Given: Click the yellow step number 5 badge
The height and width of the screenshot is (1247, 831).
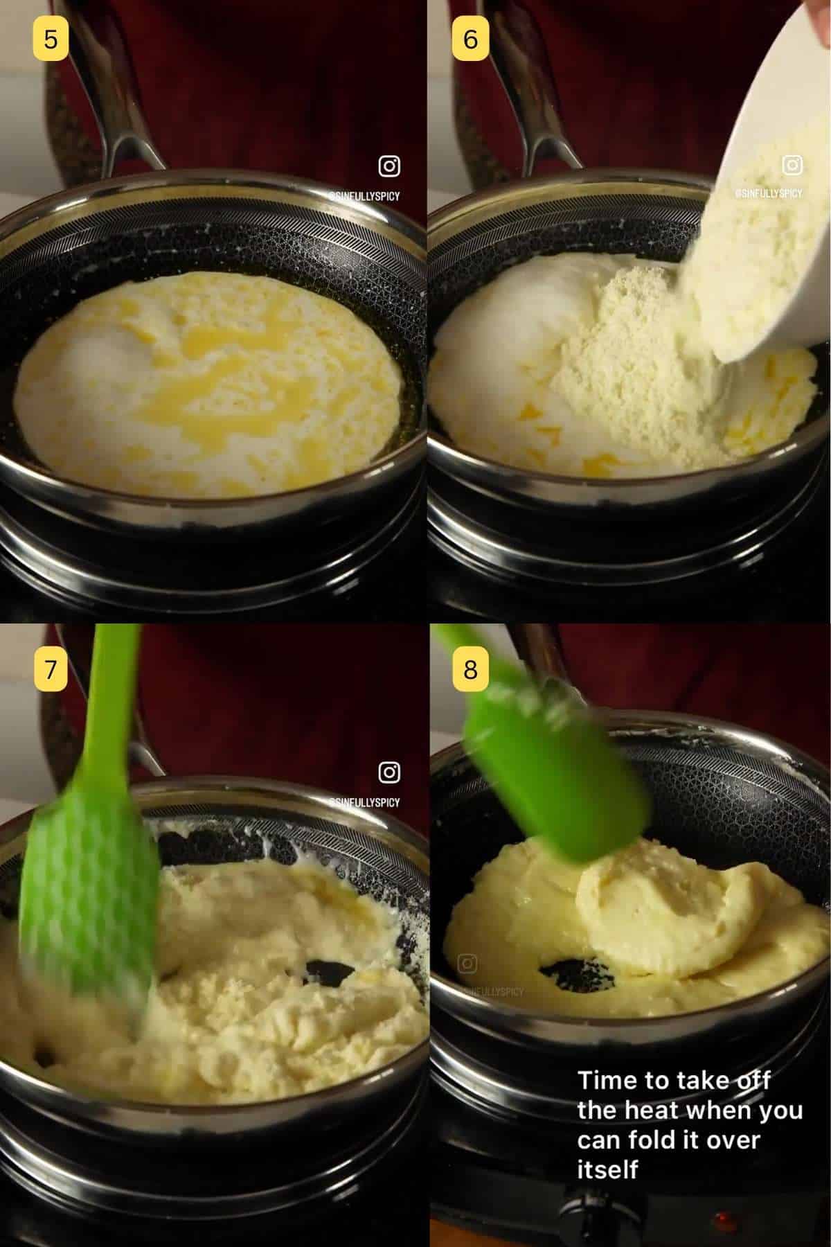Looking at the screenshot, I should (x=51, y=39).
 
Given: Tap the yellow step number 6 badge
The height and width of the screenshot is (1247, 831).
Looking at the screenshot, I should (x=470, y=39).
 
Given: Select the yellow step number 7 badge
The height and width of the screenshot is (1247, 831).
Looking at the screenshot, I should (x=51, y=669).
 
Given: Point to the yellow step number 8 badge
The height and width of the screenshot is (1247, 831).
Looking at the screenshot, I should (x=470, y=669).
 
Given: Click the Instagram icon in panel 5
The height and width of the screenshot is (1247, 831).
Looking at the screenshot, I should (x=389, y=166).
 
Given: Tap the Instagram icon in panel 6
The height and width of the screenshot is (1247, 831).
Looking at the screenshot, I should (x=792, y=165).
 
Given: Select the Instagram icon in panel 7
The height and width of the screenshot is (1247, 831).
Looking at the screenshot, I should (x=389, y=772).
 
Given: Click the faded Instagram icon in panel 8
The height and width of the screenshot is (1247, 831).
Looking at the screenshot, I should (x=468, y=963).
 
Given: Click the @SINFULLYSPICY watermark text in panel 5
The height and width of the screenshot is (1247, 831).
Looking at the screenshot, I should (x=365, y=197).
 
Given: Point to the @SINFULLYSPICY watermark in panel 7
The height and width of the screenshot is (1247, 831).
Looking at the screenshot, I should (x=365, y=802).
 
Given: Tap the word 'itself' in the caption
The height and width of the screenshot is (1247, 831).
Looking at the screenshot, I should (x=607, y=1169).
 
